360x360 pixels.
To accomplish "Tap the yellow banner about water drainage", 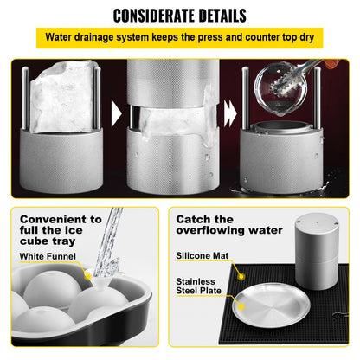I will (x=179, y=38).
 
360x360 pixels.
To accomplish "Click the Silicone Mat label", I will (x=202, y=256).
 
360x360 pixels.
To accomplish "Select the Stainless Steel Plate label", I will (x=201, y=286).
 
